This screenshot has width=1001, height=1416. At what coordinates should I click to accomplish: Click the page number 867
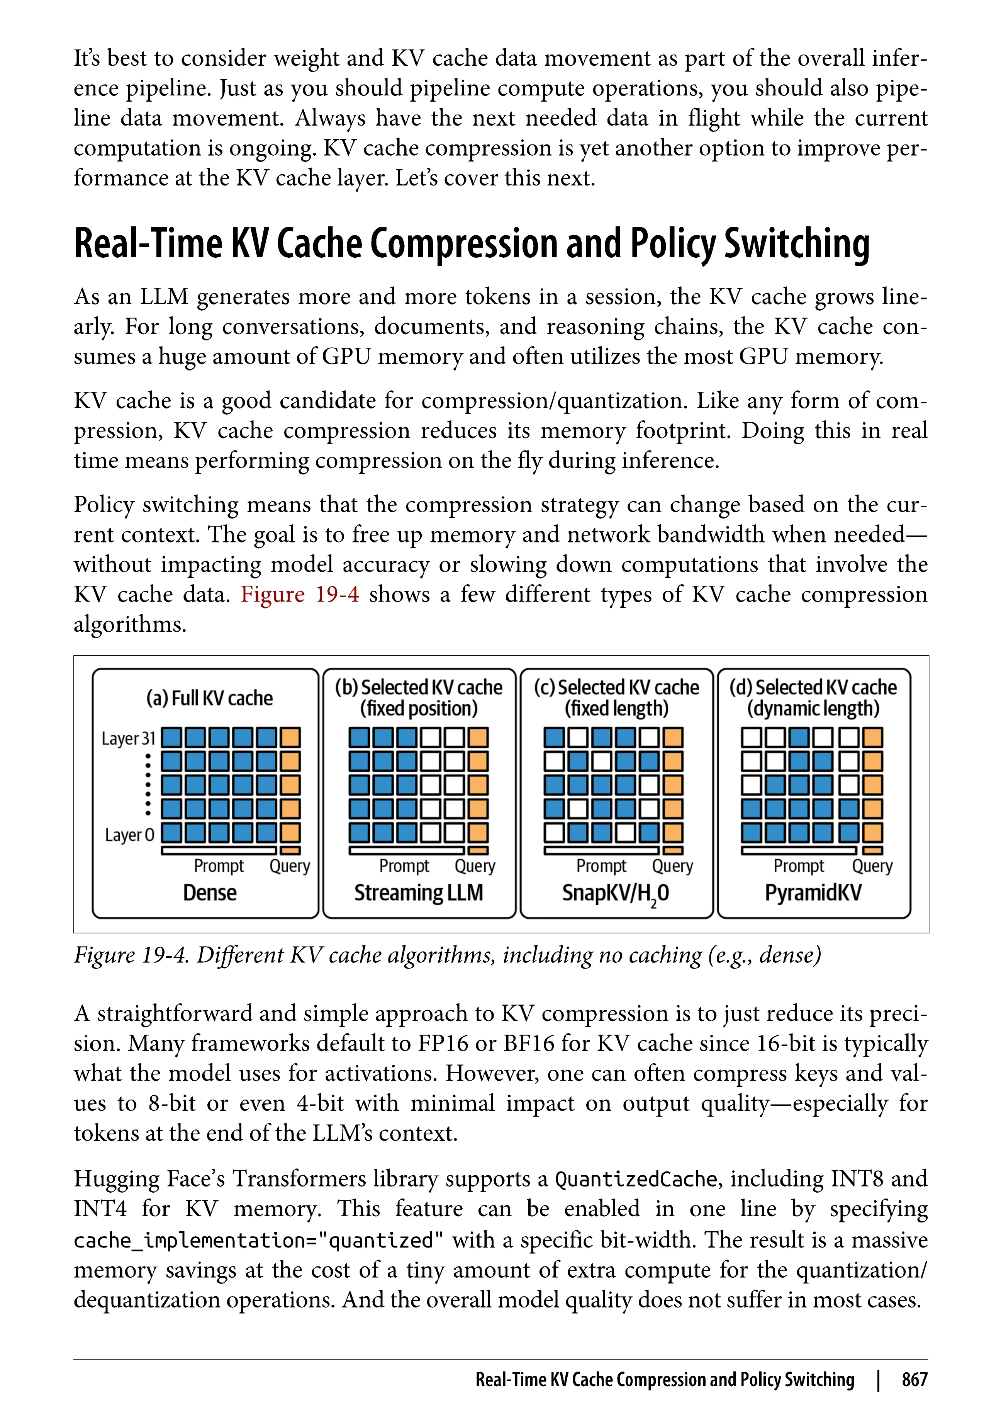tap(914, 1380)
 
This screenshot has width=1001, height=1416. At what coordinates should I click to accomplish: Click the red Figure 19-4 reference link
tap(300, 595)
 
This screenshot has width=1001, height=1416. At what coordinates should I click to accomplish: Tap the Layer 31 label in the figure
tap(128, 738)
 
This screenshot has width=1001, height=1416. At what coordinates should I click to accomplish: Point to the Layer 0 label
tap(129, 835)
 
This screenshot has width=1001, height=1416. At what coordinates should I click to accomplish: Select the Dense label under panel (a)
tap(210, 892)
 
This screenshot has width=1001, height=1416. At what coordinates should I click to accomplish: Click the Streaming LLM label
tap(419, 892)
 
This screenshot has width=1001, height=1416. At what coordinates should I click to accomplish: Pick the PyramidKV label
tap(813, 892)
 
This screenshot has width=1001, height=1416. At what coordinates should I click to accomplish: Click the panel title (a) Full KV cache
tap(210, 698)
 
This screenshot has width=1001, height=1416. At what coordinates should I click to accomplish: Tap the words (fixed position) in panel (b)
tap(419, 708)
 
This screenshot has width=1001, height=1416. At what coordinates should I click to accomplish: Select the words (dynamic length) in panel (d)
tap(813, 708)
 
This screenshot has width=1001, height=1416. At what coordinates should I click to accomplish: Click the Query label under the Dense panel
tap(290, 866)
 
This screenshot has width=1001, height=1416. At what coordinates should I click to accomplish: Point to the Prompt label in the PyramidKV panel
tap(799, 866)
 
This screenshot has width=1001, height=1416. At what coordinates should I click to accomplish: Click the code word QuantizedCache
tap(636, 1179)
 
